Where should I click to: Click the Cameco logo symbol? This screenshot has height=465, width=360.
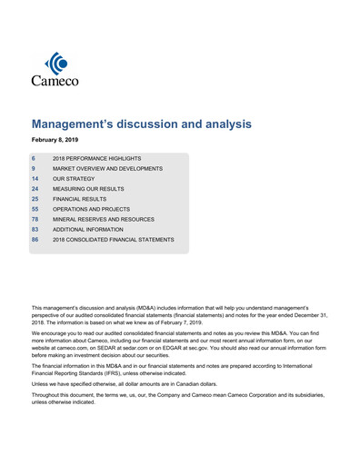pos(56,64)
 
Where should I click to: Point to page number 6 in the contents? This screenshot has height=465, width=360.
pos(34,158)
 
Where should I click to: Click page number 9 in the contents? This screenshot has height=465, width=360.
pos(34,168)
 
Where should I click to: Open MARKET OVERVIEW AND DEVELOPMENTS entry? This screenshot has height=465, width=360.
pos(108,168)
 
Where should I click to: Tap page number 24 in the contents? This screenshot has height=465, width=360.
pos(35,189)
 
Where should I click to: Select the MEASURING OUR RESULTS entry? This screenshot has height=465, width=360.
pos(93,189)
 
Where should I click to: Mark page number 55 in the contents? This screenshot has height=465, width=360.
pos(35,209)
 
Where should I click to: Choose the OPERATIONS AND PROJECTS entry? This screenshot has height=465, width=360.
pos(95,209)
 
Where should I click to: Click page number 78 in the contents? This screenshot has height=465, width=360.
pos(35,219)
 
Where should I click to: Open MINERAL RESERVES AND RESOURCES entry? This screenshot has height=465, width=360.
pos(104,219)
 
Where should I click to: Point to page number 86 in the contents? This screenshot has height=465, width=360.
pos(35,240)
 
